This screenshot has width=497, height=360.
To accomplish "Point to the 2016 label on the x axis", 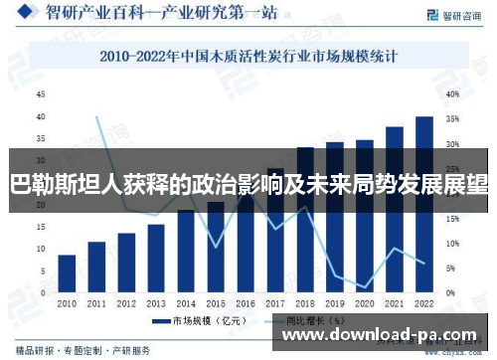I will [246, 303].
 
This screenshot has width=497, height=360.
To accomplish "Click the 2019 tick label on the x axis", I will [335, 303].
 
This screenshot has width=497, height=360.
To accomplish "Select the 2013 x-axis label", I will [156, 303].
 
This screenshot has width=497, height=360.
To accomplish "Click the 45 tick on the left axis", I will [41, 94].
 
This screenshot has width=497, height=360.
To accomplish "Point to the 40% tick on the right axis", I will [451, 94].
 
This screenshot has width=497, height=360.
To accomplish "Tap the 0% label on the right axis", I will [449, 293].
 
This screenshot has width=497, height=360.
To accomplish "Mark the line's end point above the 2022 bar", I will [424, 264].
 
